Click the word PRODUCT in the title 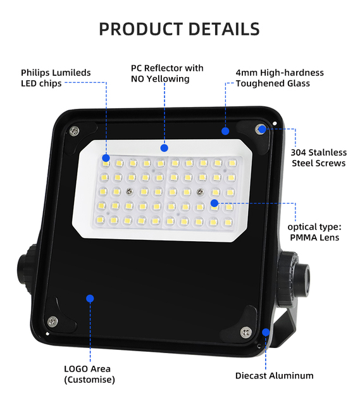140,28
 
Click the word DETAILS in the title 224,28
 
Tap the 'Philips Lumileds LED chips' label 56,78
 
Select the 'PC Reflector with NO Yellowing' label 167,73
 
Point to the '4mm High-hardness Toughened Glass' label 280,78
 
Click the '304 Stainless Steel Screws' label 319,158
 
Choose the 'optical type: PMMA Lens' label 314,232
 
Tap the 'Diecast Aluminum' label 274,375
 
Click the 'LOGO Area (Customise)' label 89,374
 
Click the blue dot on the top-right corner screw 262,129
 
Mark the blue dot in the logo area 90,299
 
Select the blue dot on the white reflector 164,148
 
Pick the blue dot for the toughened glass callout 225,131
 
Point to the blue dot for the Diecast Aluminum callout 266,332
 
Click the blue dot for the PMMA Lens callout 214,203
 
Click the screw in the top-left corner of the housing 75,131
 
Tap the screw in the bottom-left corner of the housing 53,321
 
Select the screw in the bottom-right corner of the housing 246,332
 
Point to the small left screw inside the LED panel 129,191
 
